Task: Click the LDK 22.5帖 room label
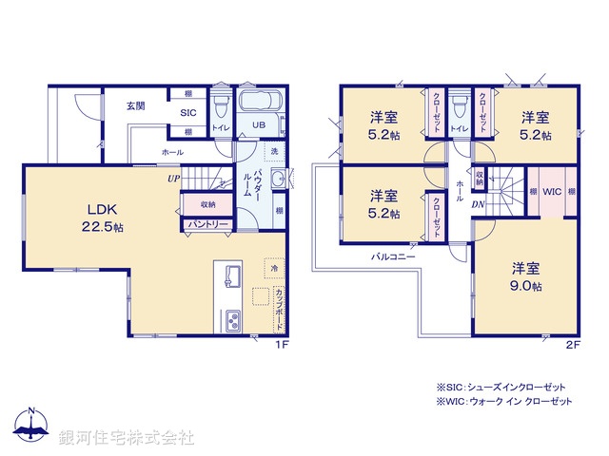[x=102, y=218]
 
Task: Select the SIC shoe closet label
[x=189, y=112]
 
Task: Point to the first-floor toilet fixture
[x=219, y=101]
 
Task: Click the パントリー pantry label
[x=206, y=223]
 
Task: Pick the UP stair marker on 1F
[x=173, y=177]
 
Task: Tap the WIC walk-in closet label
[x=552, y=191]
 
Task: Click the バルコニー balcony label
[x=391, y=257]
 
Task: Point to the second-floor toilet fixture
[x=459, y=101]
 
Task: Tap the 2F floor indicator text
[x=573, y=344]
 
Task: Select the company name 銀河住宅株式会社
[x=127, y=437]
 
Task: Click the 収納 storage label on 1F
[x=206, y=204]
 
